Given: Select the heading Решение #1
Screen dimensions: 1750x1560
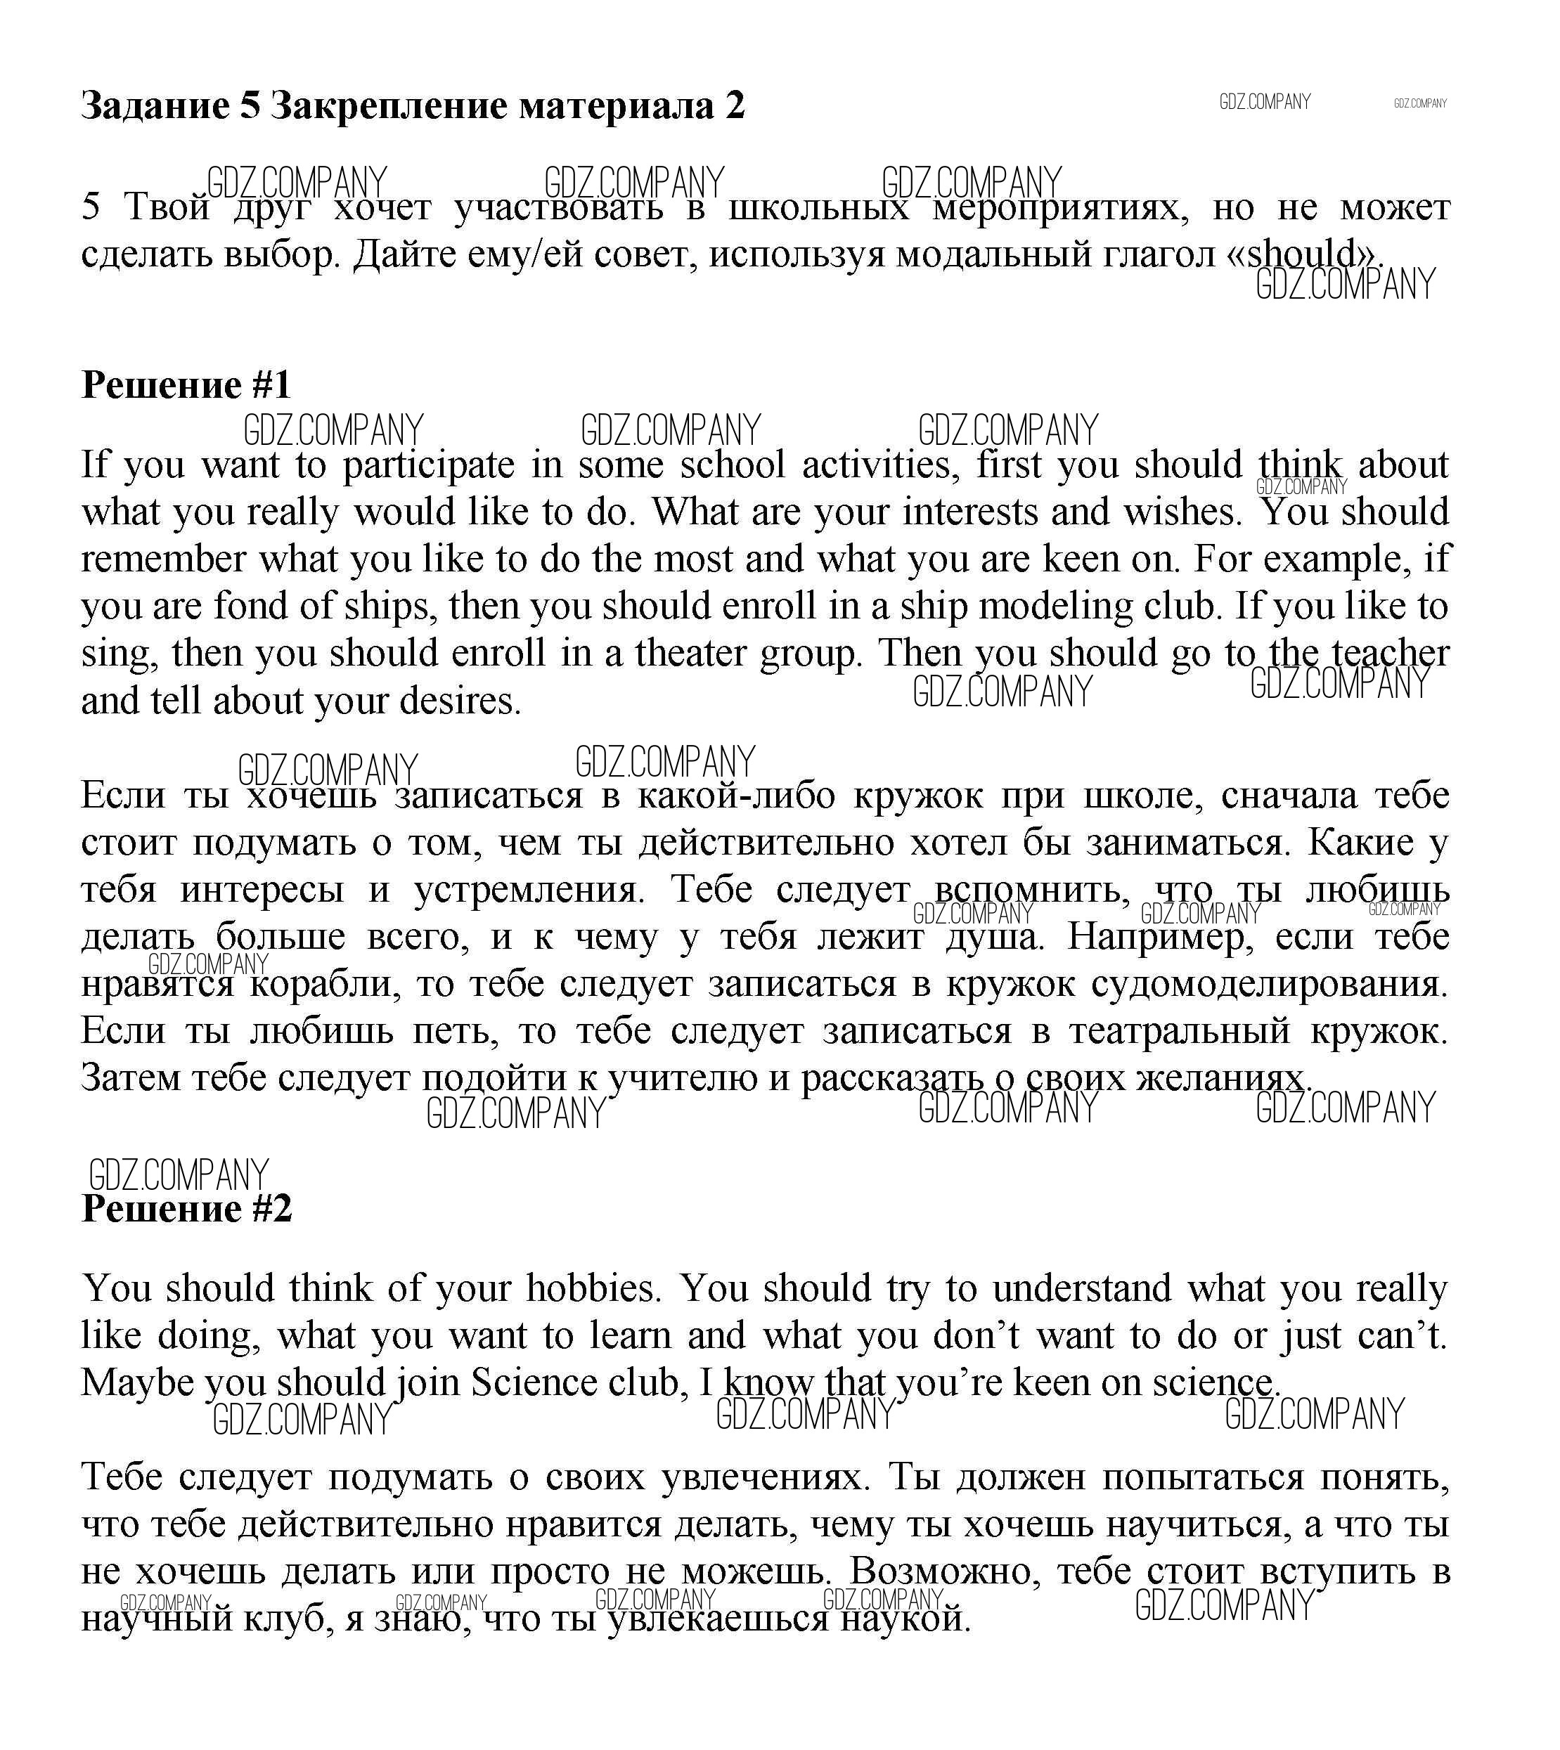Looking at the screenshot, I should [x=186, y=386].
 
